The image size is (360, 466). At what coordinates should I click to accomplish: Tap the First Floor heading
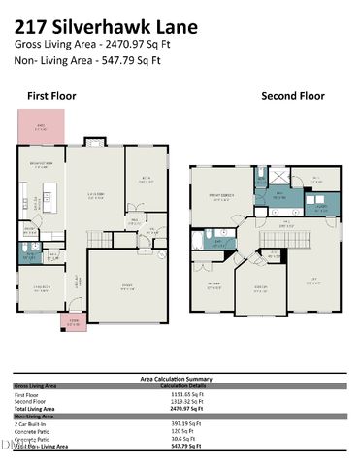tap(50, 96)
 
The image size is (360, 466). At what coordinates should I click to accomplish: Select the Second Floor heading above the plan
tap(292, 96)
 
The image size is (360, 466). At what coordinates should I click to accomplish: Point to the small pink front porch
tap(73, 322)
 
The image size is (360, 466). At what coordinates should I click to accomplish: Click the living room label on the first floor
tap(96, 195)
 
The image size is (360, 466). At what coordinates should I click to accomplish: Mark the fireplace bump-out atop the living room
tap(95, 142)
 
